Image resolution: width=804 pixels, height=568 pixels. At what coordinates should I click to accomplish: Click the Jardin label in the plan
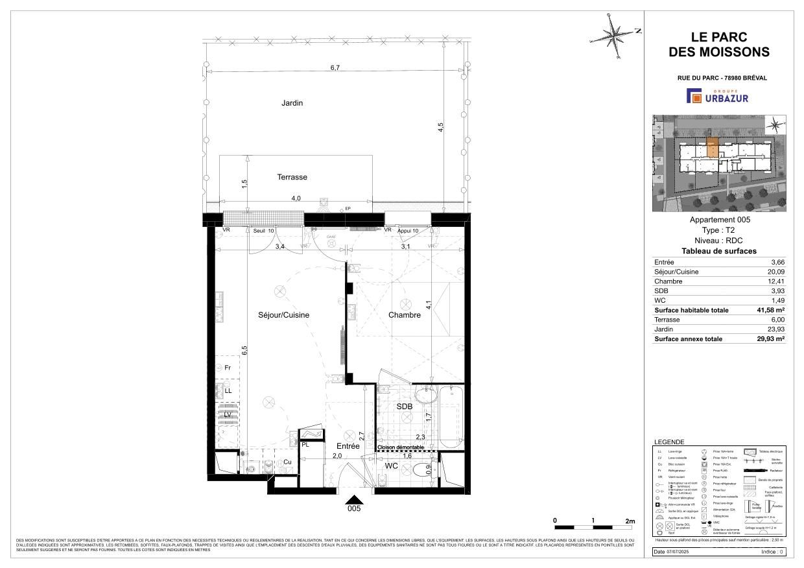click(292, 103)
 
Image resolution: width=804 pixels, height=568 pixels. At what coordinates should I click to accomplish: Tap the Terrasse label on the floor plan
click(292, 177)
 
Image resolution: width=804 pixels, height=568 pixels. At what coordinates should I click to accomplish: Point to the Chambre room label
click(405, 315)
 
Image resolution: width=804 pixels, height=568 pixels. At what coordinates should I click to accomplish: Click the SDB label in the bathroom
click(405, 406)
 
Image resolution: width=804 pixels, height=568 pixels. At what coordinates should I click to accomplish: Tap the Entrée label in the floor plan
click(348, 446)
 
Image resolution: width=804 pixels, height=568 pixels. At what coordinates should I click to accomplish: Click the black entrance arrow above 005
click(353, 499)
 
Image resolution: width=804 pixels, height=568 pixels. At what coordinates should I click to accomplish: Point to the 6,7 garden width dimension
click(335, 67)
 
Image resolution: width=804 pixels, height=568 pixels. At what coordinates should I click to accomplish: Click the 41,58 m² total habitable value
click(768, 311)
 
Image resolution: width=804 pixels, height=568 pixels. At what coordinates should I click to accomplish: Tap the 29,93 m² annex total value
click(768, 339)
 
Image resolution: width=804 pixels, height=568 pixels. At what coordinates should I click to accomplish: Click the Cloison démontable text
click(401, 448)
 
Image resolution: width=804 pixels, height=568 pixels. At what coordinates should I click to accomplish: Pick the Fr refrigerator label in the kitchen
click(228, 368)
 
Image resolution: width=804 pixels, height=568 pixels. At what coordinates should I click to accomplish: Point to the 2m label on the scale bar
click(630, 521)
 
